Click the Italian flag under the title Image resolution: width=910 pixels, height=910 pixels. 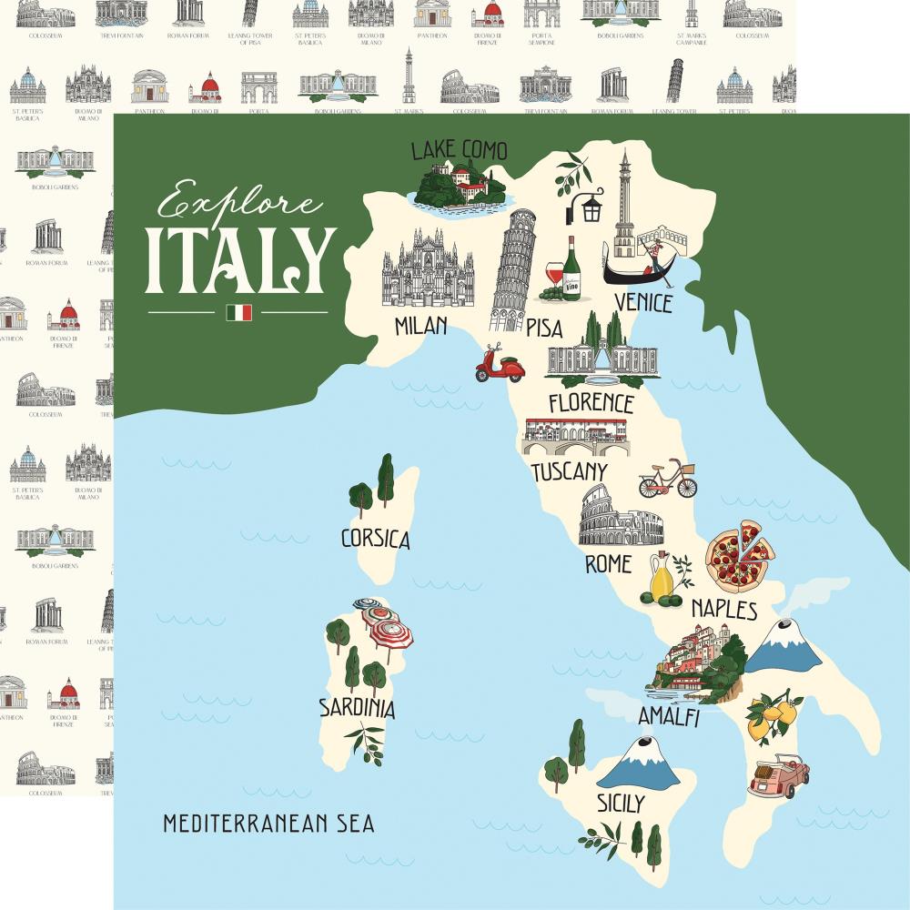pos(238,312)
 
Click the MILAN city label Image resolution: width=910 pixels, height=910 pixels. pos(420,325)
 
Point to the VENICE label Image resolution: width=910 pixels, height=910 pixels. pos(642,302)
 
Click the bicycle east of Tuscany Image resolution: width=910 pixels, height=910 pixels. pos(667,479)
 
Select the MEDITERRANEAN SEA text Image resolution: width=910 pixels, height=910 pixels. pos(268,824)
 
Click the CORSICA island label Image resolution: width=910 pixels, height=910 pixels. pos(375,539)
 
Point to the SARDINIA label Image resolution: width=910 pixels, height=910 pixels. pos(357,707)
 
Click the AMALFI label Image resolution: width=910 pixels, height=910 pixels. pos(668,717)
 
